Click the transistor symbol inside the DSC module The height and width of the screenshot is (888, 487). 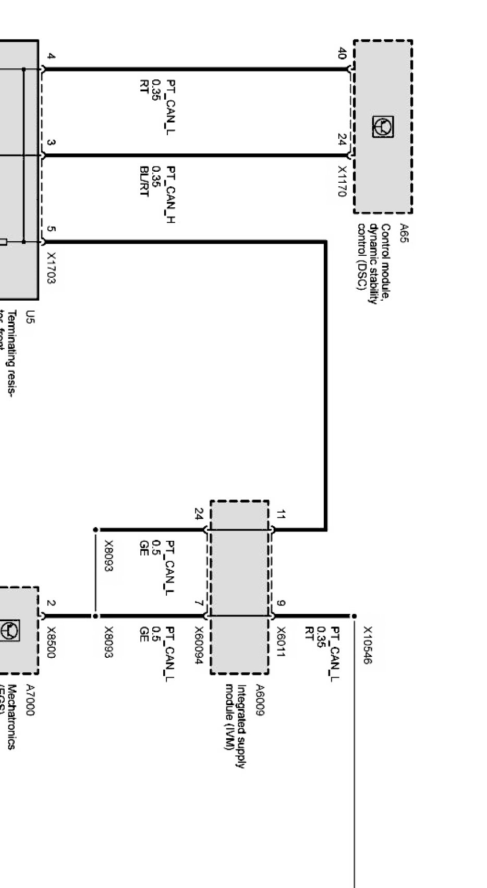coord(383,127)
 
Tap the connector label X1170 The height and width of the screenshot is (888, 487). coord(342,181)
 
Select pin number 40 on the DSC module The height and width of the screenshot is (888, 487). coord(342,53)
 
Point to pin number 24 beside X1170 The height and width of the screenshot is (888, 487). coord(342,140)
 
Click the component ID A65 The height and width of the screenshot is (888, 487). coord(405,233)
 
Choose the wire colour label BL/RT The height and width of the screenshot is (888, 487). coord(144,181)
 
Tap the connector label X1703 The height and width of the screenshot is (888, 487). coord(51,268)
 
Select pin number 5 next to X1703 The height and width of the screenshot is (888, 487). coord(51,229)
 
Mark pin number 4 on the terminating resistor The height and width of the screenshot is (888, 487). coord(51,56)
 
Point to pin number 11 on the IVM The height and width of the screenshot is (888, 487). coord(281,515)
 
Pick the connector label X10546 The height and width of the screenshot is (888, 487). coord(368,645)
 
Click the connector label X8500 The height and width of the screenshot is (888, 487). coord(51,642)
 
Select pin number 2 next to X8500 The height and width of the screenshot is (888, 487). coord(51,603)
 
